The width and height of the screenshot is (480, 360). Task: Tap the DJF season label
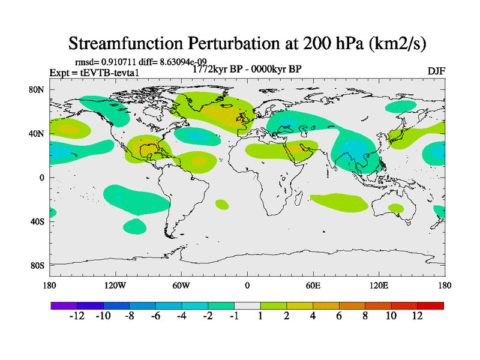point(436,71)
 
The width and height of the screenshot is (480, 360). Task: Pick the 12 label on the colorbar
point(417,316)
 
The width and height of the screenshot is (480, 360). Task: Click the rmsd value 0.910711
point(119,62)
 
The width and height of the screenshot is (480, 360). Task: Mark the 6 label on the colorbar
point(338,316)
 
